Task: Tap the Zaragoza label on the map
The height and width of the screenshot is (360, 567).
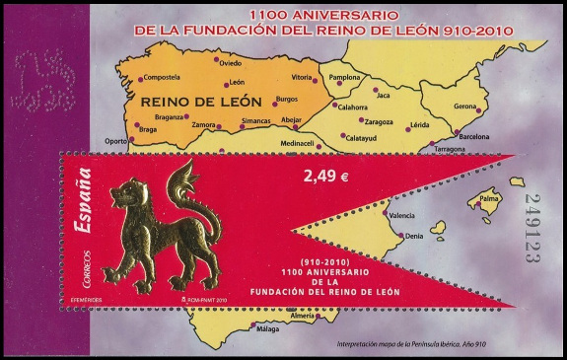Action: coord(379,123)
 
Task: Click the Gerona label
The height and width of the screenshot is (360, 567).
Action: coord(466,106)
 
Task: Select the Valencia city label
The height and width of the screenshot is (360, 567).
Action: coord(402,215)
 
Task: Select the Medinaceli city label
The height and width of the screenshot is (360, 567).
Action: coord(274,143)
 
